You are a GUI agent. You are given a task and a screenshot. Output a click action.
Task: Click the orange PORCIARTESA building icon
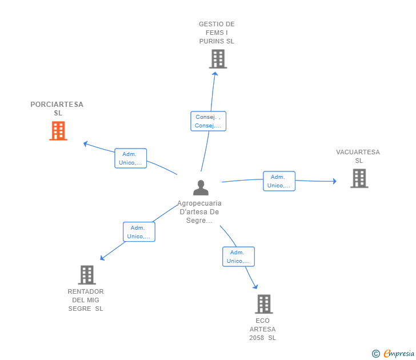58,131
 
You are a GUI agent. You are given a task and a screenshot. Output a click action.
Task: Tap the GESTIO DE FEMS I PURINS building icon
218,59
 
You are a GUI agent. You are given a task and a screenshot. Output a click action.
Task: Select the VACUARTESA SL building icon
359,178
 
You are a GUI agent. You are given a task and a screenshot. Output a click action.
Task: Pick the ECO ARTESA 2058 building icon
264,304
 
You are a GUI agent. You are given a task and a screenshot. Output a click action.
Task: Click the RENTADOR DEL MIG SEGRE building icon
87,275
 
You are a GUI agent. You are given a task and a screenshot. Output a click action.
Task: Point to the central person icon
201,187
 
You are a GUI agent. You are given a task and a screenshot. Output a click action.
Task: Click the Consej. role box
208,121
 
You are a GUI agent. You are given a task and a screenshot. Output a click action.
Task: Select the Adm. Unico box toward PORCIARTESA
130,158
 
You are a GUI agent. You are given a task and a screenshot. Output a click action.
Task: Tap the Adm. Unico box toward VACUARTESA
279,181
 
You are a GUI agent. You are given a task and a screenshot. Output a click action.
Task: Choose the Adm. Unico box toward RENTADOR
139,232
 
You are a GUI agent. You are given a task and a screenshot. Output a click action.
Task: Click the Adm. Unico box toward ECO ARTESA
238,257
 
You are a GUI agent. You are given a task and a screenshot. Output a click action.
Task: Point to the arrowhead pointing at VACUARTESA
335,181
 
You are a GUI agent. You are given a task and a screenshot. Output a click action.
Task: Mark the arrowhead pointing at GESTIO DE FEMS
215,74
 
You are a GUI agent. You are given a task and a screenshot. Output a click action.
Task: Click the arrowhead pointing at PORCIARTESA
86,144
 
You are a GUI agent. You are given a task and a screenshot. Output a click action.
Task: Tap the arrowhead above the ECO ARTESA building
255,286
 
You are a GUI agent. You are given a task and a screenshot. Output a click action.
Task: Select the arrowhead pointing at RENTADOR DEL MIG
102,258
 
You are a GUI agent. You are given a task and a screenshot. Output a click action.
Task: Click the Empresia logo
399,353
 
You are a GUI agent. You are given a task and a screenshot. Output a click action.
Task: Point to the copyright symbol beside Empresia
376,354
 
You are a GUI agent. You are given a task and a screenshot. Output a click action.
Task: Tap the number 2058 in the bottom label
257,338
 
